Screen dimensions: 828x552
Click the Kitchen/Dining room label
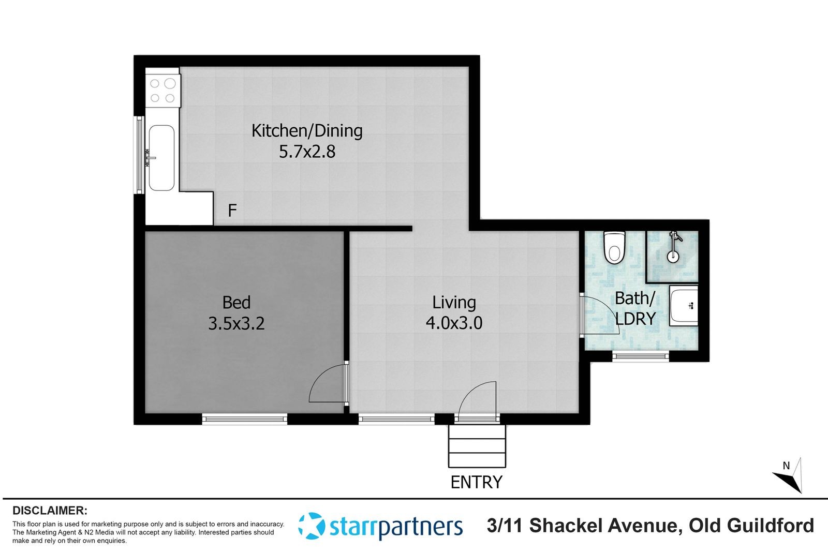click(307, 131)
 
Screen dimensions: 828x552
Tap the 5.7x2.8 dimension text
click(307, 152)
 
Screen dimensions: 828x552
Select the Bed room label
click(236, 302)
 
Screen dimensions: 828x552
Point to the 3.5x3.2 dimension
click(236, 324)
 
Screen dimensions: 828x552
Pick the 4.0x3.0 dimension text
click(454, 323)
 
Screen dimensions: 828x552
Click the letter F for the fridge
click(232, 211)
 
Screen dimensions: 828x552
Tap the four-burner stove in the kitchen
click(162, 91)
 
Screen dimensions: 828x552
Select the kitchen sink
click(161, 158)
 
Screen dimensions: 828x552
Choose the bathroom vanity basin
click(684, 306)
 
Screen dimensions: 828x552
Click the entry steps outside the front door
click(477, 446)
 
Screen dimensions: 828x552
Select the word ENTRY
click(477, 482)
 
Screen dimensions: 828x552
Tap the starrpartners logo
click(380, 526)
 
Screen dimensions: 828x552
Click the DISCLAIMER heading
click(50, 511)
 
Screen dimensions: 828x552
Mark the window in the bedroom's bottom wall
click(245, 419)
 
